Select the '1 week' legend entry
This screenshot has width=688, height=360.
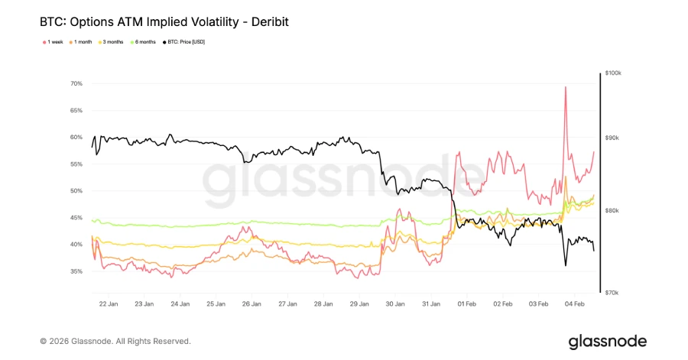click(x=54, y=41)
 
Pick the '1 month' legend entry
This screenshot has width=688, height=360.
click(x=83, y=41)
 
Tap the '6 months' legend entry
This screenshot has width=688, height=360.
click(x=145, y=41)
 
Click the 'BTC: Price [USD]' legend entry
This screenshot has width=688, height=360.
click(x=183, y=41)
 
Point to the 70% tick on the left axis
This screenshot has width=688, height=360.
click(x=76, y=83)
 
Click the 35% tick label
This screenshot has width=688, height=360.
click(x=76, y=271)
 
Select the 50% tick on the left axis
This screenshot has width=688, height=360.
click(x=76, y=191)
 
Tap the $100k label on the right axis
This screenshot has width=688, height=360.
click(x=613, y=73)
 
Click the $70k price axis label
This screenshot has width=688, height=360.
click(x=612, y=293)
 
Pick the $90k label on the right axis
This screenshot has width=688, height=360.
click(x=612, y=138)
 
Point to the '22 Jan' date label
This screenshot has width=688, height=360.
click(x=108, y=303)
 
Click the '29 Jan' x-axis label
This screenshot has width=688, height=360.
click(x=359, y=303)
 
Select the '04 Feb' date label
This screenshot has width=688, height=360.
click(x=575, y=303)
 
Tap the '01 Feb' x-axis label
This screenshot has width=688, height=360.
click(x=467, y=303)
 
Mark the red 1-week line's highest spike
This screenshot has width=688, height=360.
click(x=565, y=87)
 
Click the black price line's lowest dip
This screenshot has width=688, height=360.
click(x=566, y=265)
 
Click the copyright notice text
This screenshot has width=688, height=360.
click(x=115, y=341)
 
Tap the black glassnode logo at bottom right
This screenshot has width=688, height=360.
click(x=607, y=341)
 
